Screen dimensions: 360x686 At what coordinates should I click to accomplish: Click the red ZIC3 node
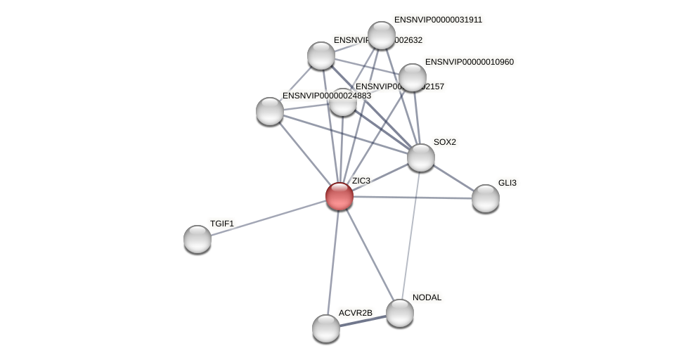(339, 196)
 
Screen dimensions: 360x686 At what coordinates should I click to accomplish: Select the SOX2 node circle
(421, 157)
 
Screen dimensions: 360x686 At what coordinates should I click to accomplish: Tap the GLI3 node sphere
(486, 198)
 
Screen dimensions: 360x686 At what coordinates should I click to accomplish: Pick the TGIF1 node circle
(198, 239)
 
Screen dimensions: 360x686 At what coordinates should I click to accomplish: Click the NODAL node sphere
(400, 313)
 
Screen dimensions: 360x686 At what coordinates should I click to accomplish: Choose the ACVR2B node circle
(326, 328)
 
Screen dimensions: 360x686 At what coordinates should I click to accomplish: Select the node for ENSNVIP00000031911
(382, 35)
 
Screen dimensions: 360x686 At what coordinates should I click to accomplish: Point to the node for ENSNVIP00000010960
(413, 77)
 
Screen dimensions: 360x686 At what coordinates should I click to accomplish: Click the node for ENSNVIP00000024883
(270, 111)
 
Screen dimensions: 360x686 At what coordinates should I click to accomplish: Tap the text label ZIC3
(361, 181)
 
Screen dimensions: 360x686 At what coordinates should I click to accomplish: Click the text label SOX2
(444, 142)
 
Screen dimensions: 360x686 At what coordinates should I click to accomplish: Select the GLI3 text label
(507, 183)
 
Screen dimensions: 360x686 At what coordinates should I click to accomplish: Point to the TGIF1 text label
(221, 224)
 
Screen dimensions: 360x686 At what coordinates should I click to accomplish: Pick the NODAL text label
(427, 297)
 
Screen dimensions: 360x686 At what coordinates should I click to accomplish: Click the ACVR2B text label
(355, 313)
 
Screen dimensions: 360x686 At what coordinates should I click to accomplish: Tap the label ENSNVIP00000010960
(469, 62)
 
